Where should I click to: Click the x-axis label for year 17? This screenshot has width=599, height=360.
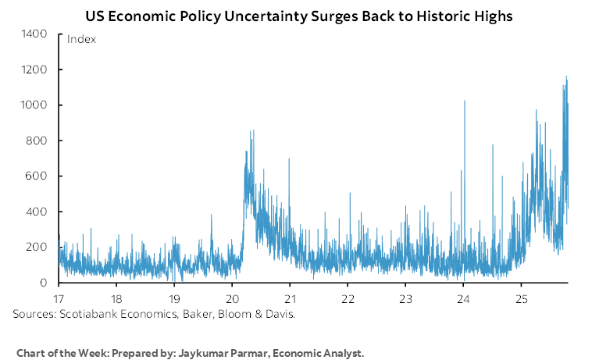(x=59, y=299)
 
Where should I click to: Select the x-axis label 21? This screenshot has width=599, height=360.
(x=290, y=299)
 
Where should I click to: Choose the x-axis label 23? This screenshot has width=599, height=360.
(x=405, y=299)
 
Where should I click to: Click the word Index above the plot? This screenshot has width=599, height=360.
(x=81, y=39)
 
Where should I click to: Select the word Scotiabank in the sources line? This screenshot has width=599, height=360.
(x=84, y=314)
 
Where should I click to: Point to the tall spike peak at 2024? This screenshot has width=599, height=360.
(x=465, y=102)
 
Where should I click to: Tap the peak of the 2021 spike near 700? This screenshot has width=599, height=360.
(x=289, y=159)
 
